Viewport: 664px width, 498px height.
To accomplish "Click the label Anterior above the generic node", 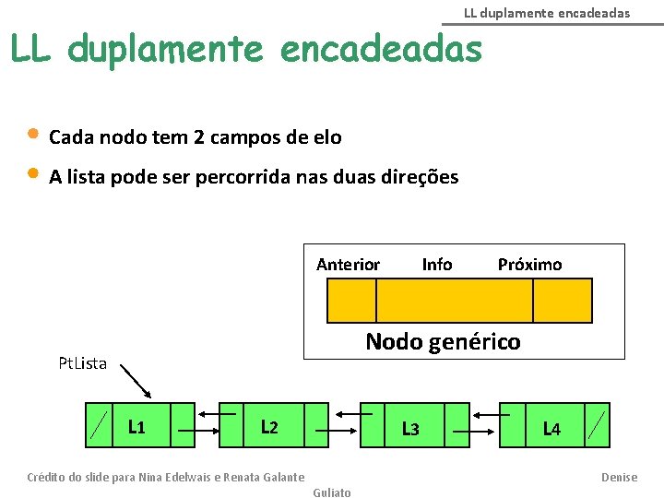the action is [x=348, y=265].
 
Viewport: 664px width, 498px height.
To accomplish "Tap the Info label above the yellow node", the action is [x=437, y=265].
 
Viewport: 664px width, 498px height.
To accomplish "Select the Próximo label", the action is [x=529, y=265].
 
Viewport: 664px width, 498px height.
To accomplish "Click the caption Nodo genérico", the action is [x=443, y=341].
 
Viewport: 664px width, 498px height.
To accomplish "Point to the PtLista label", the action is [x=82, y=363].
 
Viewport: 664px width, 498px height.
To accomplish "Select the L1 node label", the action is [x=136, y=426].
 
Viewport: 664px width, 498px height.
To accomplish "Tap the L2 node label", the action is [x=269, y=426].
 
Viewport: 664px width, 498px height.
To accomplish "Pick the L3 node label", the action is [x=410, y=429].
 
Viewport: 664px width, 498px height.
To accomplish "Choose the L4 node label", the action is [x=551, y=429].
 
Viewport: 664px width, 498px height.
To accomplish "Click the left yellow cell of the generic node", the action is [x=351, y=301].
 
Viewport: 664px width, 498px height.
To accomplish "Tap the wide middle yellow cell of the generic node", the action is [x=455, y=301].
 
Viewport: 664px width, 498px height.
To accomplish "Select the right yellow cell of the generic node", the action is [x=563, y=301].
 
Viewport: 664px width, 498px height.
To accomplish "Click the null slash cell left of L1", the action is [x=98, y=425].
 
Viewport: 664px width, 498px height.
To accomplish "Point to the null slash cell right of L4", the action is [x=598, y=425].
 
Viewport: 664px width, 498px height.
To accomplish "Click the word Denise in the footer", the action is [x=619, y=477].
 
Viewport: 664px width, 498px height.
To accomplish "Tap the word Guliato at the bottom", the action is [x=332, y=492].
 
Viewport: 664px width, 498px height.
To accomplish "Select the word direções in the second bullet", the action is [x=419, y=177].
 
